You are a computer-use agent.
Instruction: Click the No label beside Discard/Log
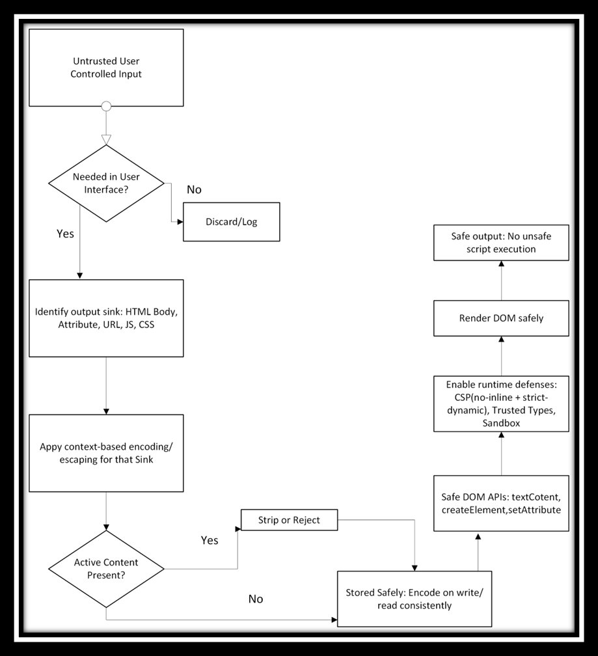194,189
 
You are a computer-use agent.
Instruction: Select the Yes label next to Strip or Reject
210,540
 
